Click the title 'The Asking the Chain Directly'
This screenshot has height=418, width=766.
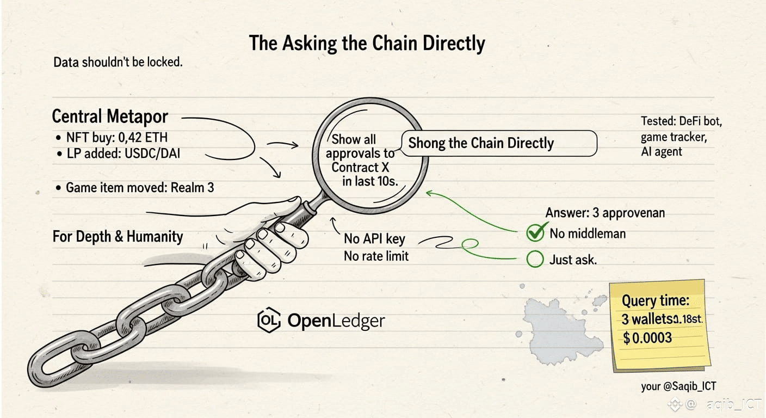point(367,44)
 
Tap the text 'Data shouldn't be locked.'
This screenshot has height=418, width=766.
point(118,62)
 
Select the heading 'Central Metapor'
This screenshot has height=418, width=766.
point(110,116)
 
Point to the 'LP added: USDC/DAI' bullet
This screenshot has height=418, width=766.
point(123,154)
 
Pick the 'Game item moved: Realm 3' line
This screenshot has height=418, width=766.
point(140,188)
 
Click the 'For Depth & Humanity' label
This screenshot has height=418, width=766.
point(118,237)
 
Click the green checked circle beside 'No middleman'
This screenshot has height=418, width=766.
point(535,233)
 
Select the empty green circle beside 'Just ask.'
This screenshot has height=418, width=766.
point(535,260)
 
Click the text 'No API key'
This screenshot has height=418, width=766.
point(374,239)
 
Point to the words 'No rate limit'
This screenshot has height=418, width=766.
point(376,255)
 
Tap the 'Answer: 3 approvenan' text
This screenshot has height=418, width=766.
point(605,213)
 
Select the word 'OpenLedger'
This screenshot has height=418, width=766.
point(336,321)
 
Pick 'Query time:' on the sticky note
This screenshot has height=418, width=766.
point(655,300)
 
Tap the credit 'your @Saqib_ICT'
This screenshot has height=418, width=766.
point(678,386)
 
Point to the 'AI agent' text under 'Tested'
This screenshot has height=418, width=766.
point(661,152)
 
